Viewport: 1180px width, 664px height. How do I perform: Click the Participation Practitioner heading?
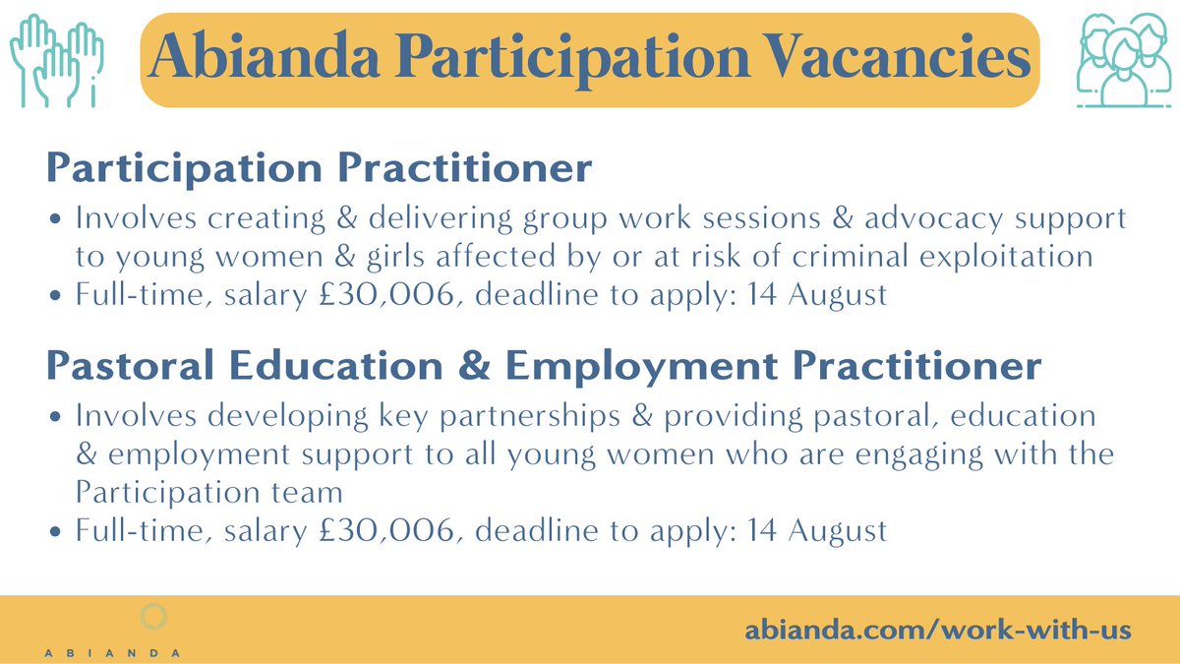(x=320, y=168)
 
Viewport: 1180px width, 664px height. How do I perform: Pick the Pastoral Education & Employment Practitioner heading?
(x=544, y=366)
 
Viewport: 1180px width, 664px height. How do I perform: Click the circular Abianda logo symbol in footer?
(x=154, y=618)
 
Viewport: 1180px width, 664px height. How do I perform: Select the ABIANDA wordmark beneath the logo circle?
(x=112, y=651)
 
